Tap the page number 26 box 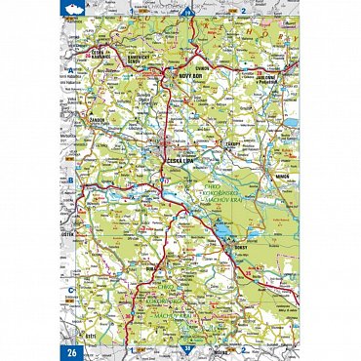70,352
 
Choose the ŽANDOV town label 96,123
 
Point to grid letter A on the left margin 70,71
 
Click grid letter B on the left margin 70,180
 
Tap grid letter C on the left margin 70,290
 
